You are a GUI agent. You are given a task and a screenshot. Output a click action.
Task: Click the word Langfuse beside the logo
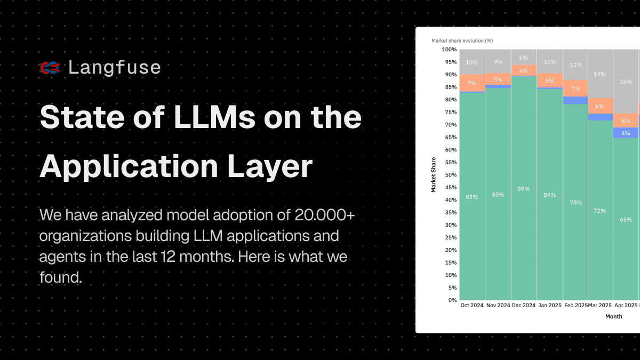tap(114, 68)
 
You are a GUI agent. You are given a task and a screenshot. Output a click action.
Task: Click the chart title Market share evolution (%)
tap(462, 41)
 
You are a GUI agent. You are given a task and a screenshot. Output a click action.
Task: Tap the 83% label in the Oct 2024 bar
tap(472, 196)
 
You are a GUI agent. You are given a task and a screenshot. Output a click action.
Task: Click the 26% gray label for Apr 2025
tap(626, 82)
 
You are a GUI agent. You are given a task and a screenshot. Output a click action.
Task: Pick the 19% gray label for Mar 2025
tap(600, 74)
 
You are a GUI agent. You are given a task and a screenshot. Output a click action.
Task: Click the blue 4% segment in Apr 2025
tap(626, 133)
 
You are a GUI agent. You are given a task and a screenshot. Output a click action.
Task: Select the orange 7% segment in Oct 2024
tap(472, 83)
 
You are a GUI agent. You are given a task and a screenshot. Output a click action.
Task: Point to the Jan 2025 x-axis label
tap(549, 306)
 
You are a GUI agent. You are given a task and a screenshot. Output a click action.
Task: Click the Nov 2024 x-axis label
tap(498, 306)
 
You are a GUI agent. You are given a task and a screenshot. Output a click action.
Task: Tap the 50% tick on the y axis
tap(450, 175)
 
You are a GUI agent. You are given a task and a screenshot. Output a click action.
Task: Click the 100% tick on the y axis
tap(449, 50)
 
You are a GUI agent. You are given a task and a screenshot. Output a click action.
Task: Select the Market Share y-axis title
tap(434, 175)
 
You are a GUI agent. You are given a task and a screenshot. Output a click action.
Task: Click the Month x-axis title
tap(614, 316)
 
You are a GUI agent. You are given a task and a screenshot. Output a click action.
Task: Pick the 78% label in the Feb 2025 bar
tap(575, 203)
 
